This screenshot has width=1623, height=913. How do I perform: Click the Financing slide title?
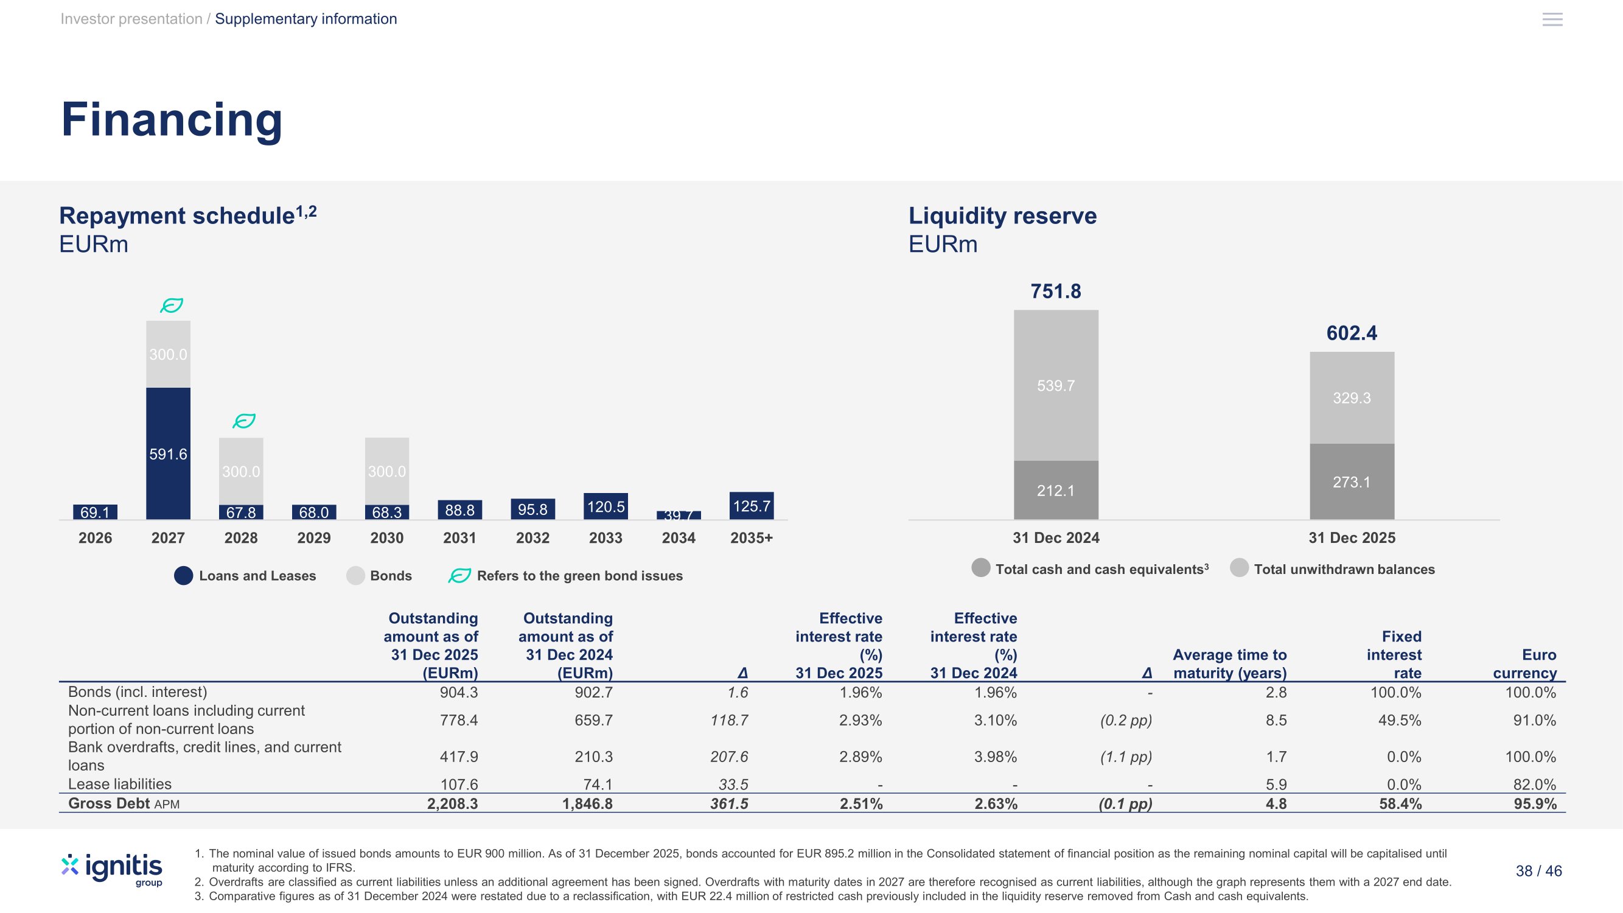(x=172, y=120)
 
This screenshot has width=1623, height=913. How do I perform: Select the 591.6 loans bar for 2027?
(x=168, y=453)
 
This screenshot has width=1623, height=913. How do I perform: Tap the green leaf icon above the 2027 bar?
(x=172, y=306)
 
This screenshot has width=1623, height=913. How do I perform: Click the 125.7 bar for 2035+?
(x=752, y=506)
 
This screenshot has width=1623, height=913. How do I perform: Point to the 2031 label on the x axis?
(x=460, y=538)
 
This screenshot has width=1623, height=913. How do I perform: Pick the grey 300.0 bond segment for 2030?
(x=387, y=470)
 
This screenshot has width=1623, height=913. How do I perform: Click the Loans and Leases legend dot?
(x=183, y=576)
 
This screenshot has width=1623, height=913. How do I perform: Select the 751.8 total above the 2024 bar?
(x=1056, y=291)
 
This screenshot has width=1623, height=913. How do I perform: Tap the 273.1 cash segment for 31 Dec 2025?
(x=1352, y=482)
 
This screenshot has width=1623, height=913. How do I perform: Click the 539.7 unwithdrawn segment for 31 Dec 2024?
(x=1056, y=385)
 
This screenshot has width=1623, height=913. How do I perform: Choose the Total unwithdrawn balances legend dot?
(x=1239, y=568)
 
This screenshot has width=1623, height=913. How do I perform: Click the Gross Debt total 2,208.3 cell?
(x=452, y=804)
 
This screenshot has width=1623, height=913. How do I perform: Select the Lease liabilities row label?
(x=120, y=785)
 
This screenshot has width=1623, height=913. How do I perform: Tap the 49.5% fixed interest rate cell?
(x=1399, y=720)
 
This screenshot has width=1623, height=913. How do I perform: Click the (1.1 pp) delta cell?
(x=1126, y=757)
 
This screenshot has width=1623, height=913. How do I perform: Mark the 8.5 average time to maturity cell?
(x=1277, y=720)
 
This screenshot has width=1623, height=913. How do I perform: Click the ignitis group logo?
(x=112, y=870)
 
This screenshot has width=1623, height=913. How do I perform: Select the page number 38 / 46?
(x=1538, y=872)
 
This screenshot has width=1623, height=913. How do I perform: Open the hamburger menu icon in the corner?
(x=1552, y=19)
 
